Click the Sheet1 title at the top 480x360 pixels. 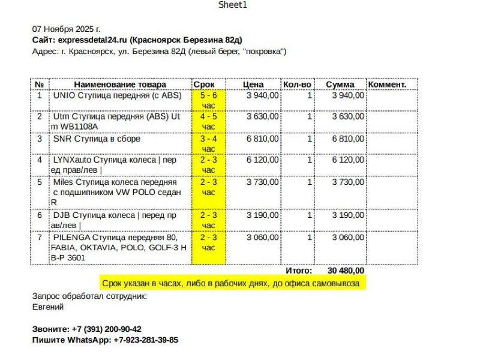pos(232,5)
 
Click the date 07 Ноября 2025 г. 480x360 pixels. pos(66,29)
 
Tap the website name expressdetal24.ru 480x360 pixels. pos(93,40)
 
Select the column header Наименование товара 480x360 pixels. pos(120,85)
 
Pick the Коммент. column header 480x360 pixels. pos(387,85)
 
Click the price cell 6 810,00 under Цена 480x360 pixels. pos(262,139)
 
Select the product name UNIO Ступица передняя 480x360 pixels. pos(117,95)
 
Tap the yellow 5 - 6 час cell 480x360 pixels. pos(208,100)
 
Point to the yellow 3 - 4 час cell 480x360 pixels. pos(208,143)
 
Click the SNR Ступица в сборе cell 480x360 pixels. pos(97,139)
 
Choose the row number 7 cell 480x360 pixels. pos(40,238)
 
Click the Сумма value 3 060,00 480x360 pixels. pos(347,238)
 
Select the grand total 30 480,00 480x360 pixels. pos(346,271)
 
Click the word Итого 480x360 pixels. pos(298,271)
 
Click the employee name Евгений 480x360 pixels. pos(48,307)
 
